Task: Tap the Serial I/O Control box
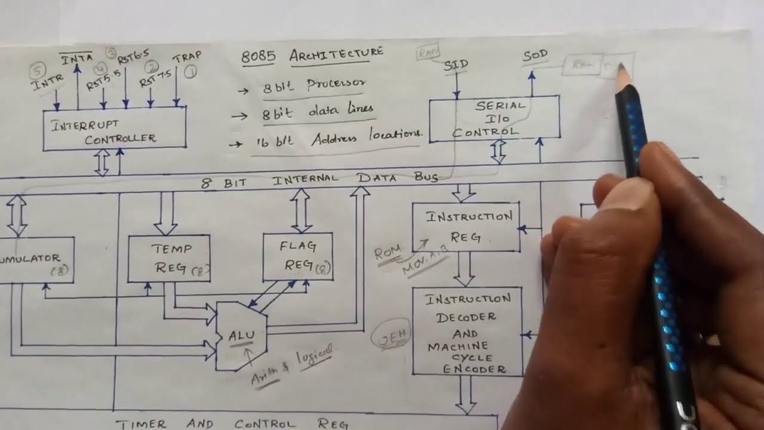(x=494, y=119)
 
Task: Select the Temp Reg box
(x=169, y=258)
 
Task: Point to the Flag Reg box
(x=298, y=256)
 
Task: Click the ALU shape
(x=241, y=336)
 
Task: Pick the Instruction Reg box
(x=466, y=227)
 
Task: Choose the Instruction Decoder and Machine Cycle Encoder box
(x=467, y=331)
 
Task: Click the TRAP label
(x=187, y=58)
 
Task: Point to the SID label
(x=456, y=64)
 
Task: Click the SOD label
(x=535, y=57)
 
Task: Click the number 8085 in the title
(x=258, y=57)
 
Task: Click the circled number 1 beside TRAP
(x=190, y=73)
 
